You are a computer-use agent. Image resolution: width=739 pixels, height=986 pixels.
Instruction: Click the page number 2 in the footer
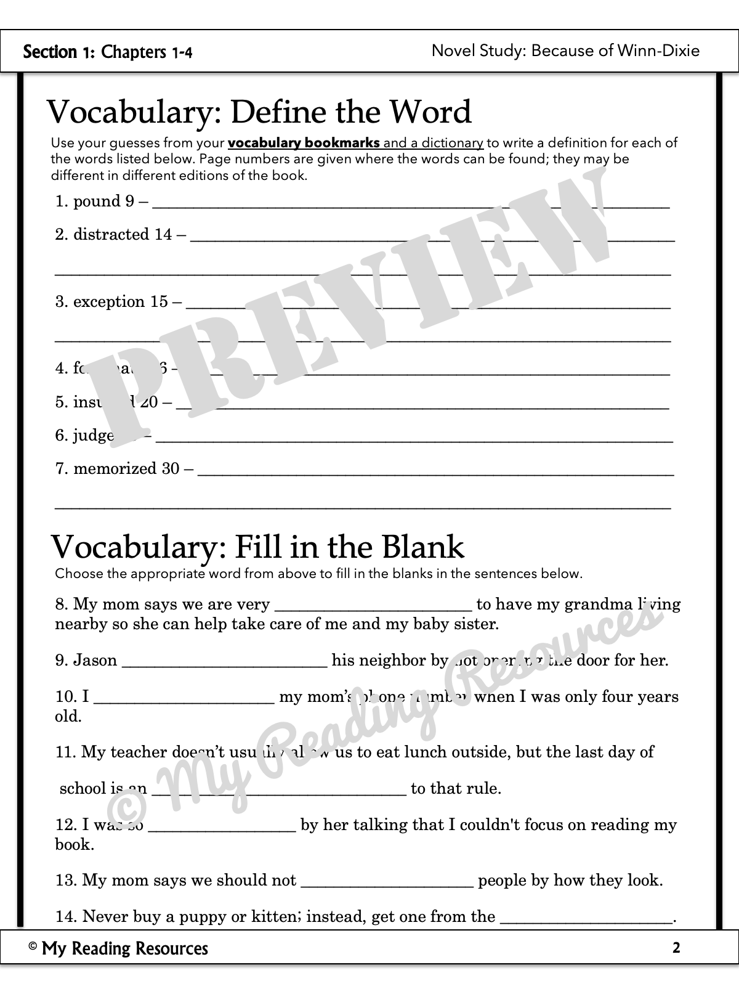click(676, 948)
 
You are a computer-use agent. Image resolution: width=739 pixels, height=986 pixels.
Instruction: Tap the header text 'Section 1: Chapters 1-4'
click(108, 52)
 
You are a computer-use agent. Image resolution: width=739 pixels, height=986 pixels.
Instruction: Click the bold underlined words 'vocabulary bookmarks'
click(304, 143)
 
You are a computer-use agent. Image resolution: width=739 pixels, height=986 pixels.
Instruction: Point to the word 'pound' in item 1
click(97, 202)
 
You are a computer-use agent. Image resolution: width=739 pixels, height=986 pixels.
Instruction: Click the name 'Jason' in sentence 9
click(95, 661)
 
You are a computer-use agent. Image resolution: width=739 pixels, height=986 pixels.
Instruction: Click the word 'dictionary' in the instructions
click(452, 143)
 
